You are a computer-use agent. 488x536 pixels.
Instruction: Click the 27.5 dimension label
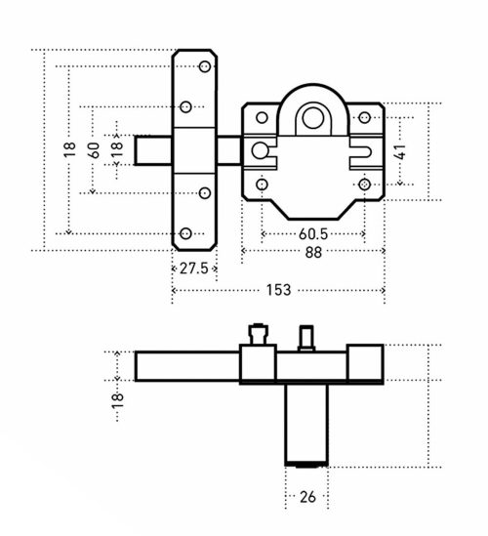pyautogui.click(x=194, y=268)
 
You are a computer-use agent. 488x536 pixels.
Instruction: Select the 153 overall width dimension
pyautogui.click(x=278, y=290)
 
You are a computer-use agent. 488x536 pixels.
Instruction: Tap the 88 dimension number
pyautogui.click(x=313, y=252)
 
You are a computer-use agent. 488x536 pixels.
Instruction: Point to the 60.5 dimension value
pyautogui.click(x=313, y=234)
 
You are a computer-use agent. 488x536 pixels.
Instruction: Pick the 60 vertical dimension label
pyautogui.click(x=94, y=150)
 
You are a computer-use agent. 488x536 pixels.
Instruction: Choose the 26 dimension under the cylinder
pyautogui.click(x=307, y=497)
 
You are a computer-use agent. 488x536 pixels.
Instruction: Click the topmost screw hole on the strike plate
pyautogui.click(x=205, y=66)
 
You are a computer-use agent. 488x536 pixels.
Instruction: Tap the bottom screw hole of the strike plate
pyautogui.click(x=185, y=233)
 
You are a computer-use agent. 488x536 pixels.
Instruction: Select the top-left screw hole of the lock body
pyautogui.click(x=262, y=117)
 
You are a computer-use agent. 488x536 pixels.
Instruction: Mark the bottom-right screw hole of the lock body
pyautogui.click(x=365, y=185)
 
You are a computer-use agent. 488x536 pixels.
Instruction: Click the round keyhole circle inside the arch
pyautogui.click(x=313, y=118)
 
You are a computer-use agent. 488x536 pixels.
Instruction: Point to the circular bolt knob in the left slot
pyautogui.click(x=261, y=150)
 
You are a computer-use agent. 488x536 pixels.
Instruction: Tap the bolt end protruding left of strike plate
pyautogui.click(x=153, y=150)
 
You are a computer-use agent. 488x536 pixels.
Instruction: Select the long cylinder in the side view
pyautogui.click(x=306, y=425)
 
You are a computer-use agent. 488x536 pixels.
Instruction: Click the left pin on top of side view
pyautogui.click(x=259, y=334)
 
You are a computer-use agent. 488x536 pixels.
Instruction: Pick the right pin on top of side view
pyautogui.click(x=306, y=338)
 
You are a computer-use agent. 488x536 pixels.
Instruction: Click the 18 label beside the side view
pyautogui.click(x=117, y=400)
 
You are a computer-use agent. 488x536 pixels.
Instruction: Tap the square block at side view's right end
pyautogui.click(x=365, y=362)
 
